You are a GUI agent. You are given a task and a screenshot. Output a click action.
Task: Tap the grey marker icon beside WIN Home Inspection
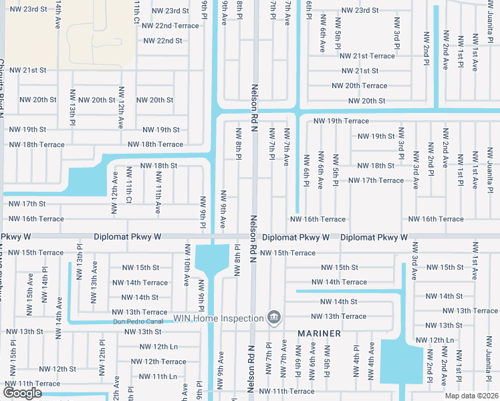tap(273, 317)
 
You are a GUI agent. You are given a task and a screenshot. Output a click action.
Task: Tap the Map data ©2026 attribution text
tap(471, 396)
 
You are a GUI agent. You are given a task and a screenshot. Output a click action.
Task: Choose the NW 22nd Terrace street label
tap(171, 25)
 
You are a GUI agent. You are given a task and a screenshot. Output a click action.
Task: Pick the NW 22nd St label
tap(163, 41)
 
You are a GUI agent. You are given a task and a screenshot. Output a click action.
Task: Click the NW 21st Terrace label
tap(369, 56)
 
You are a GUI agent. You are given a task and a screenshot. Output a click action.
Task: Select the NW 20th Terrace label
tap(359, 86)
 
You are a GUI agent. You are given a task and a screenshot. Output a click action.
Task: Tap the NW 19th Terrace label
tap(341, 121)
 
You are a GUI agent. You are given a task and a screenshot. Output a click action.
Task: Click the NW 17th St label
tap(27, 204)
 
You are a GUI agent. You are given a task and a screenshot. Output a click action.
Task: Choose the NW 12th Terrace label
tap(158, 362)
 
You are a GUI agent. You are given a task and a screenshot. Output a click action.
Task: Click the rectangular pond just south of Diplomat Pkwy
tap(213, 262)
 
